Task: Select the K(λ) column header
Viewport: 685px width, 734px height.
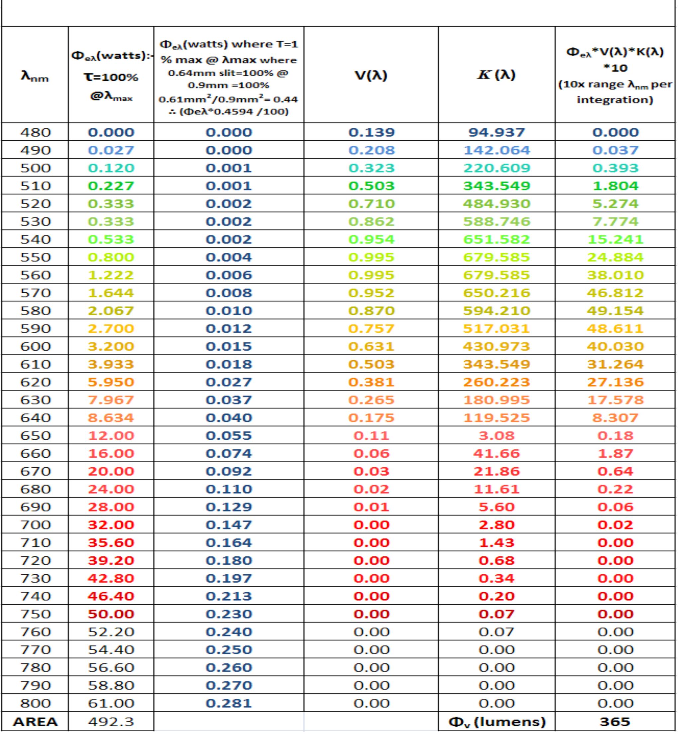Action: (497, 75)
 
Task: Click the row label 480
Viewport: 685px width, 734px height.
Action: (36, 132)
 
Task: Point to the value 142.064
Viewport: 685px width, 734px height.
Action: (497, 150)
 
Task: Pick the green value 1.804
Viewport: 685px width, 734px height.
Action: (615, 186)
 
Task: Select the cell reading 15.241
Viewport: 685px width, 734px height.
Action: (615, 239)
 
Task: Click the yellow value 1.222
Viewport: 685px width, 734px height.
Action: (111, 275)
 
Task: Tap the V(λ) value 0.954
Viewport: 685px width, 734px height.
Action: (371, 239)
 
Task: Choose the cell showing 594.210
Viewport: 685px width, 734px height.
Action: (497, 311)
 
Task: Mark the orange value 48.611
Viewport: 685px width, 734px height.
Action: (615, 329)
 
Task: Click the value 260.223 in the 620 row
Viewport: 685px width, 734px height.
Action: (497, 382)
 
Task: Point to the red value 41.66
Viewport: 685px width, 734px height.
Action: (497, 453)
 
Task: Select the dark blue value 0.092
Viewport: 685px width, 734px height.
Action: (229, 471)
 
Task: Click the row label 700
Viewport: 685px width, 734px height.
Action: (36, 525)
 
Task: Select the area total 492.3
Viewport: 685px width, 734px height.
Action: (111, 721)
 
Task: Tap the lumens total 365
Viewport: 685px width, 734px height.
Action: (615, 721)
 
